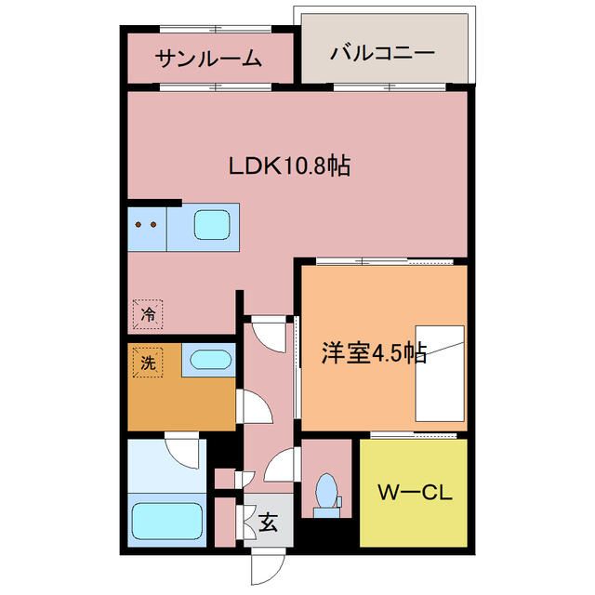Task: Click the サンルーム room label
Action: pyautogui.click(x=208, y=59)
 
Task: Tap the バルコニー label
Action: pyautogui.click(x=382, y=53)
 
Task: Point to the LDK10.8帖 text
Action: pyautogui.click(x=289, y=166)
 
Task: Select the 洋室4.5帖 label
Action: pyautogui.click(x=374, y=353)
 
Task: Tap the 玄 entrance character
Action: pyautogui.click(x=268, y=522)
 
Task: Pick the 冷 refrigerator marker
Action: pyautogui.click(x=148, y=313)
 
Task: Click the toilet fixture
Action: pyautogui.click(x=326, y=492)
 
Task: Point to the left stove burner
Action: pyautogui.click(x=139, y=224)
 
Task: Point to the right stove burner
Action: pyautogui.click(x=153, y=224)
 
